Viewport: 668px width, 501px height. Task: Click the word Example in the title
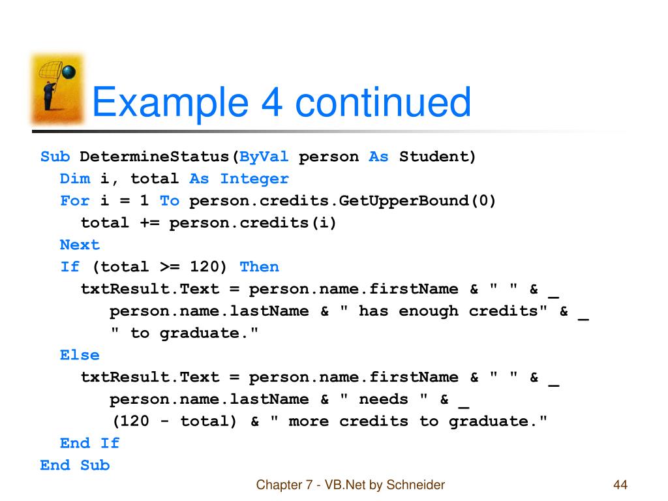pos(169,103)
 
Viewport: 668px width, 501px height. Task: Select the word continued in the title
pos(382,103)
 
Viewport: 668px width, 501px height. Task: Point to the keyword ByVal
pos(264,157)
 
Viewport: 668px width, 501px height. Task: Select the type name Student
pos(437,157)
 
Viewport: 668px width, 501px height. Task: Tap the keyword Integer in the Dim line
pos(254,179)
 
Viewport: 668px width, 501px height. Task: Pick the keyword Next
pos(80,245)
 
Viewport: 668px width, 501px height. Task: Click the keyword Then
pos(259,267)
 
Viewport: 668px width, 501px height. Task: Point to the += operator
pos(149,223)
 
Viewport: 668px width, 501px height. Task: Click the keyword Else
pos(80,356)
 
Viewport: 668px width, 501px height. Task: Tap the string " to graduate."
pos(184,333)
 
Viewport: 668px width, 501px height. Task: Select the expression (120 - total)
pos(174,421)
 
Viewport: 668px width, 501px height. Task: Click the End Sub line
pos(74,466)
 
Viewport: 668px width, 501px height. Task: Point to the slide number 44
pos(620,485)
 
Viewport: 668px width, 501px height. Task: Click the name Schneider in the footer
pos(416,485)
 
